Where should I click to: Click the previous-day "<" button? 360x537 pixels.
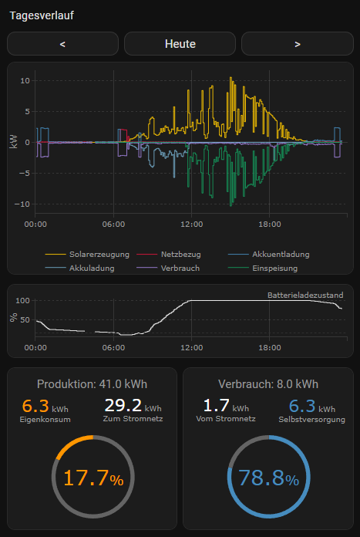[x=62, y=44]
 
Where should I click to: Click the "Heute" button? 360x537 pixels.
[x=180, y=44]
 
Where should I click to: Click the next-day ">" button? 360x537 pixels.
[x=297, y=44]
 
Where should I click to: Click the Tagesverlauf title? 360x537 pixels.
[x=42, y=15]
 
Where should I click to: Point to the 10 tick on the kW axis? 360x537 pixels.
[x=25, y=80]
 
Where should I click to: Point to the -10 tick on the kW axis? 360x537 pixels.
[x=23, y=204]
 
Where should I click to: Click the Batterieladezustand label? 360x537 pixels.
[x=304, y=295]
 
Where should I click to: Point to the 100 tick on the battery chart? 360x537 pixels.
[x=22, y=300]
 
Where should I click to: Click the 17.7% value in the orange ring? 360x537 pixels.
[x=93, y=478]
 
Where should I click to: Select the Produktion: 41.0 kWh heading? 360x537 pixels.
[x=93, y=384]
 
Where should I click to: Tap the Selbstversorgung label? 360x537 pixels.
[x=311, y=419]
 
